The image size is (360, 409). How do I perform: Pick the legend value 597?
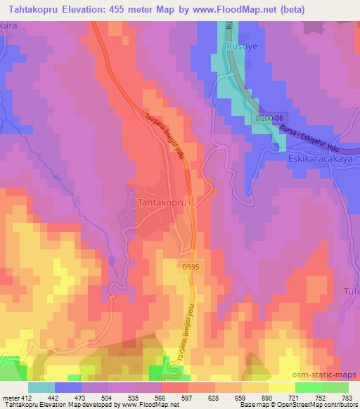[x=186, y=398]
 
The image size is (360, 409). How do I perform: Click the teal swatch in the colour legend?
[x=41, y=387]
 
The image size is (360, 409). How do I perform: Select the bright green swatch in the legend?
[x=309, y=387]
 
